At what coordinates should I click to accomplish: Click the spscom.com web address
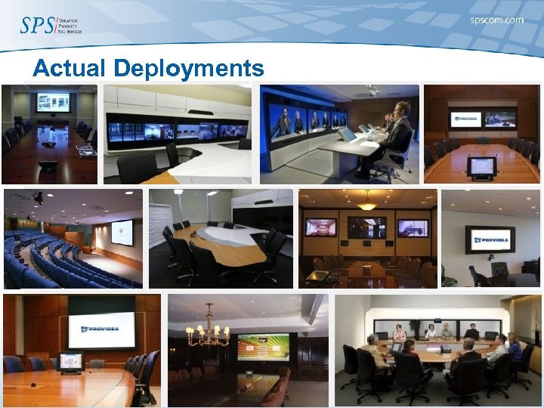(x=496, y=20)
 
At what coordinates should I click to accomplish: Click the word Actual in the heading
(x=70, y=69)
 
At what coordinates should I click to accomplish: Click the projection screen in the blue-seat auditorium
(x=122, y=232)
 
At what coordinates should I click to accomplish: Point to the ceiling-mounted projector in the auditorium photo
(x=37, y=198)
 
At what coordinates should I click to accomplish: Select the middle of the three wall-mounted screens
(x=366, y=227)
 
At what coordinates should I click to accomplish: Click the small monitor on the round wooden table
(x=70, y=361)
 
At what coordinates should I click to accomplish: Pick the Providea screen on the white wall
(x=490, y=240)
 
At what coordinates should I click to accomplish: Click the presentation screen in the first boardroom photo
(x=53, y=102)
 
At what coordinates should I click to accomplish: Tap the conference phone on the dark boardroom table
(x=49, y=143)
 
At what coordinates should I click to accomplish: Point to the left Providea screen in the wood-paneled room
(x=465, y=118)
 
